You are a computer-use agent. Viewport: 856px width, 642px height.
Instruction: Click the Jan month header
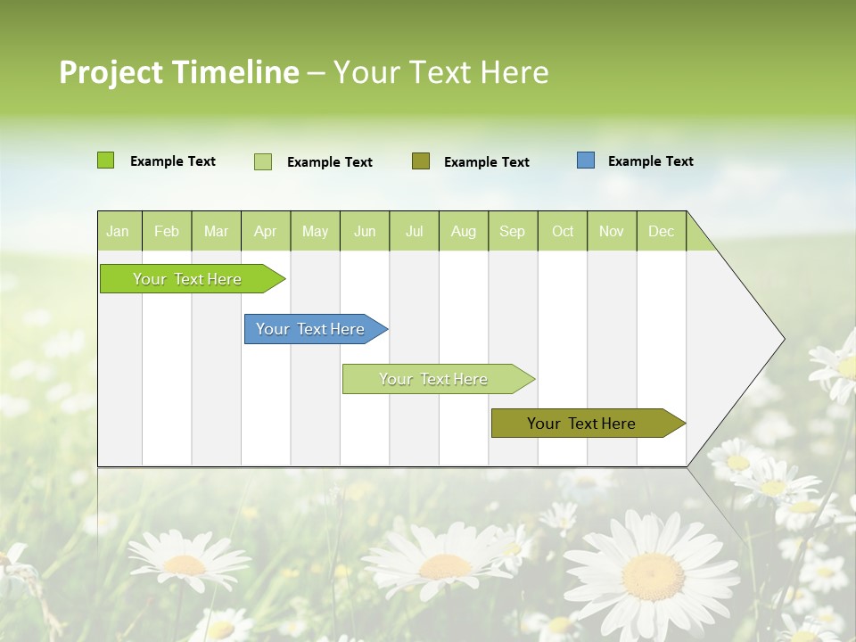[118, 232]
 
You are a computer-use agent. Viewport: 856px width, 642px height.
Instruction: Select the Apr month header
[265, 232]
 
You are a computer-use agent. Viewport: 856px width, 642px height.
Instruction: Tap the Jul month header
[414, 232]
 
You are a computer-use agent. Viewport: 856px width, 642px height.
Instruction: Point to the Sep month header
[512, 232]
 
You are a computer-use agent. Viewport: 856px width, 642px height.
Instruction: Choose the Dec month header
[661, 232]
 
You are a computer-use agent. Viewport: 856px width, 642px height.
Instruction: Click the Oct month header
[563, 232]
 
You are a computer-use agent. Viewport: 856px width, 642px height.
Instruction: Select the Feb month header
[167, 232]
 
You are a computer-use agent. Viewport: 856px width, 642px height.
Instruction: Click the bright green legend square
[105, 160]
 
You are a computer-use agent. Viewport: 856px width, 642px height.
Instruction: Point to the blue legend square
[586, 160]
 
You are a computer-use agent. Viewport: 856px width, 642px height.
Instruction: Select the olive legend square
[421, 160]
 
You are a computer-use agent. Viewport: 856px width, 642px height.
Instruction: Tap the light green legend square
[263, 161]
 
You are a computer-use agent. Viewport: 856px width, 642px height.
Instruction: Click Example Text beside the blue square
[650, 161]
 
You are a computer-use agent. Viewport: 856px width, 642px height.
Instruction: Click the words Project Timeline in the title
[178, 72]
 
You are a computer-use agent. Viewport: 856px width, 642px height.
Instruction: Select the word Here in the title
[514, 72]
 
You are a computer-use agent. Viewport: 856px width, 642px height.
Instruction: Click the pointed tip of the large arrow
[782, 339]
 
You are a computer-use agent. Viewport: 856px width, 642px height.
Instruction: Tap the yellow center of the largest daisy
[653, 576]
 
